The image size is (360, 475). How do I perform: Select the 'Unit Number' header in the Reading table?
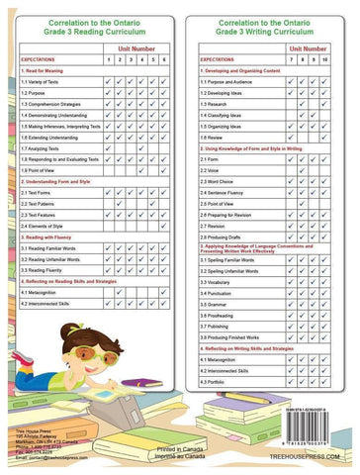click(x=136, y=47)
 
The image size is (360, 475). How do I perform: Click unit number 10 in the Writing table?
click(x=323, y=60)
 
